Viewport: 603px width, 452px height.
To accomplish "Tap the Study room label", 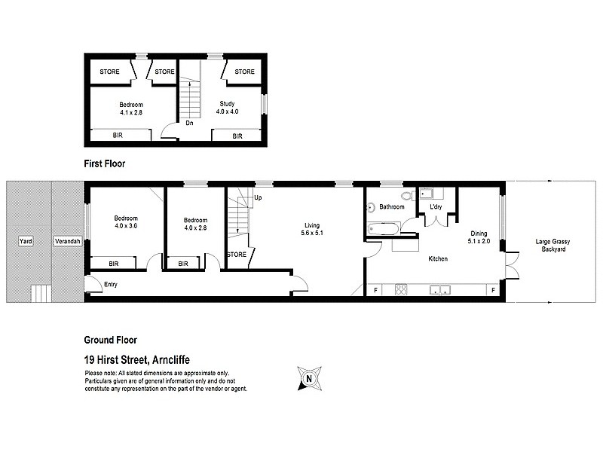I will (x=228, y=108).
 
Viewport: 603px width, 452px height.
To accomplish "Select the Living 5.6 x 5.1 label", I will (x=312, y=228).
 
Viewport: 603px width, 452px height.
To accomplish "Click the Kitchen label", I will (x=437, y=259).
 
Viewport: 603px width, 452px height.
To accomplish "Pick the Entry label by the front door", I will (x=111, y=284).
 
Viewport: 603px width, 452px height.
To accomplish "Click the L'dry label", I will (x=436, y=206).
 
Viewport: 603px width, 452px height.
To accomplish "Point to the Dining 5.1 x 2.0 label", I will (x=480, y=238).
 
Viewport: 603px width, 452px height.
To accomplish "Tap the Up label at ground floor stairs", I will (x=259, y=197).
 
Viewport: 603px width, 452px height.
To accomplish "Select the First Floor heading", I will (x=104, y=163).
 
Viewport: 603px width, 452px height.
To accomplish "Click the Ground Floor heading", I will (x=110, y=340).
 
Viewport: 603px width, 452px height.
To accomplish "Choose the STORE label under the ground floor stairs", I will (x=237, y=255).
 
